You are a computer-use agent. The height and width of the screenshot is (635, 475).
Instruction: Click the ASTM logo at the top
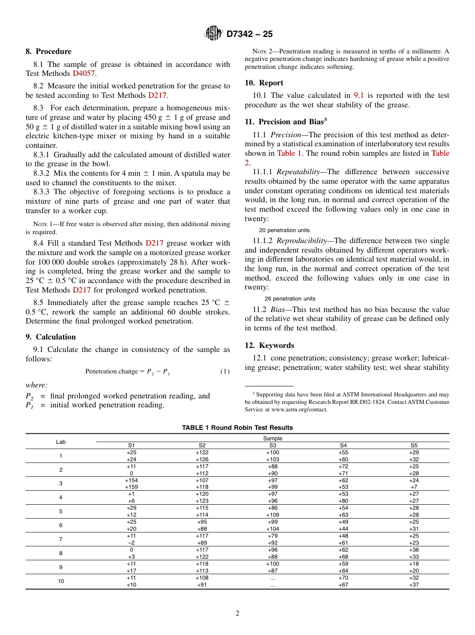214,33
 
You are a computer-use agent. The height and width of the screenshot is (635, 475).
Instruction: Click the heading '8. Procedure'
48,51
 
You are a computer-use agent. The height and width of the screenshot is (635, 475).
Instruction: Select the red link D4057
83,73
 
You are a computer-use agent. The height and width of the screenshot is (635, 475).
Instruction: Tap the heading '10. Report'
264,83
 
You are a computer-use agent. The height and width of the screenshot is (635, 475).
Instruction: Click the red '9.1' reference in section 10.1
359,95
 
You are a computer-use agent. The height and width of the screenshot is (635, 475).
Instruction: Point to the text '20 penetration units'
284,230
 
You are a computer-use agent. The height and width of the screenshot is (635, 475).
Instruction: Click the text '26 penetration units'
290,299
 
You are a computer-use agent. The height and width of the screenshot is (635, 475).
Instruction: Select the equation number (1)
225,371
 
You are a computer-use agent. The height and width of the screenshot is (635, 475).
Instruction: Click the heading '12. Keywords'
269,345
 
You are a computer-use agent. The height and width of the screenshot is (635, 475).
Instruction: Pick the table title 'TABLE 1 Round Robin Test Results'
237,428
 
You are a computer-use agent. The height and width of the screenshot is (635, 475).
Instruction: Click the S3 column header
272,445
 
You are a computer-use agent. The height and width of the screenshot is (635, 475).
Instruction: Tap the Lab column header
60,442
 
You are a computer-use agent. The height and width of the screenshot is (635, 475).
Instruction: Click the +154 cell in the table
131,480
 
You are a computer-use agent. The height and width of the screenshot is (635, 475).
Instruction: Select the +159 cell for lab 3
131,487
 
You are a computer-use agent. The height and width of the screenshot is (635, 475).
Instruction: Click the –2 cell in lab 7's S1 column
131,543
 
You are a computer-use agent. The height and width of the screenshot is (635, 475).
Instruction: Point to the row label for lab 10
60,581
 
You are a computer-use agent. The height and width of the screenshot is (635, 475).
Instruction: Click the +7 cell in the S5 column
413,487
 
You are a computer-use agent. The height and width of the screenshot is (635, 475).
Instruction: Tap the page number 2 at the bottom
237,614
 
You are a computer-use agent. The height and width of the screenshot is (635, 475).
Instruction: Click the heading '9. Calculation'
51,337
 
